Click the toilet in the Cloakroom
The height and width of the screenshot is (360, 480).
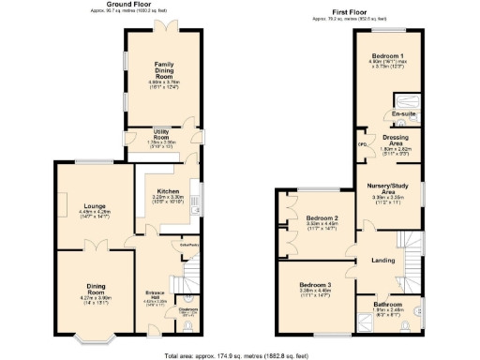click(189, 316)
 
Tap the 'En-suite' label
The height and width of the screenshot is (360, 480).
click(404, 113)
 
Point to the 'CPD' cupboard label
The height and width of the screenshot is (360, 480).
click(360, 143)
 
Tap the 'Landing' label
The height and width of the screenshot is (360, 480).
click(382, 260)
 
